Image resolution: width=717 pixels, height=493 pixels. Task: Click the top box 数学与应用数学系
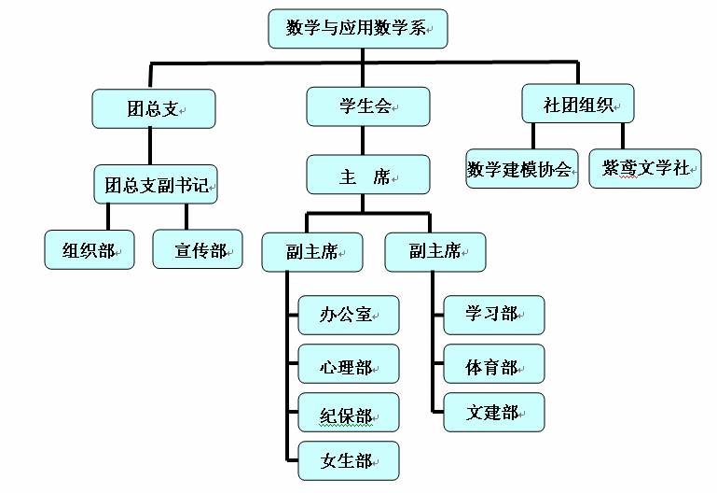358,29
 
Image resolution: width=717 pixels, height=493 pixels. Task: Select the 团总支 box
154,108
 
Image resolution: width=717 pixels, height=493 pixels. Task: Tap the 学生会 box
367,106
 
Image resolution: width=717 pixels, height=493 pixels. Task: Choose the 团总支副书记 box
155,184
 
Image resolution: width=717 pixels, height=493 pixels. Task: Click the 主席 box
367,175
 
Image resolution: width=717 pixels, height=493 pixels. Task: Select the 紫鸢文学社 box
645,169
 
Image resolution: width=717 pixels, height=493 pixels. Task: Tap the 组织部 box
90,249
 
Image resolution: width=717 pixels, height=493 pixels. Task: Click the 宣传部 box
198,249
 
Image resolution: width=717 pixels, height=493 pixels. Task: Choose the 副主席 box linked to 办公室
312,251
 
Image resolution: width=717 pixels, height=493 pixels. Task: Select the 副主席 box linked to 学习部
434,251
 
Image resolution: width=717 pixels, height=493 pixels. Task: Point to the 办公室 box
348,315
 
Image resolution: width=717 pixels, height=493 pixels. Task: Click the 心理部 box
348,364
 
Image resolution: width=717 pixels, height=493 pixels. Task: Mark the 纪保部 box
348,413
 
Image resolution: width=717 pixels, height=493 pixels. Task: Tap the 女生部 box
348,461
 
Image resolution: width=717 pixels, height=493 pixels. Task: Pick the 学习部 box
493,315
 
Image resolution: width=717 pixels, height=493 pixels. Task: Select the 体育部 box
493,364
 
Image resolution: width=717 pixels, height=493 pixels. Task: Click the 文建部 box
493,412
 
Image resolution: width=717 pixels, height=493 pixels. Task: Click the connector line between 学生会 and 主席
367,140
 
